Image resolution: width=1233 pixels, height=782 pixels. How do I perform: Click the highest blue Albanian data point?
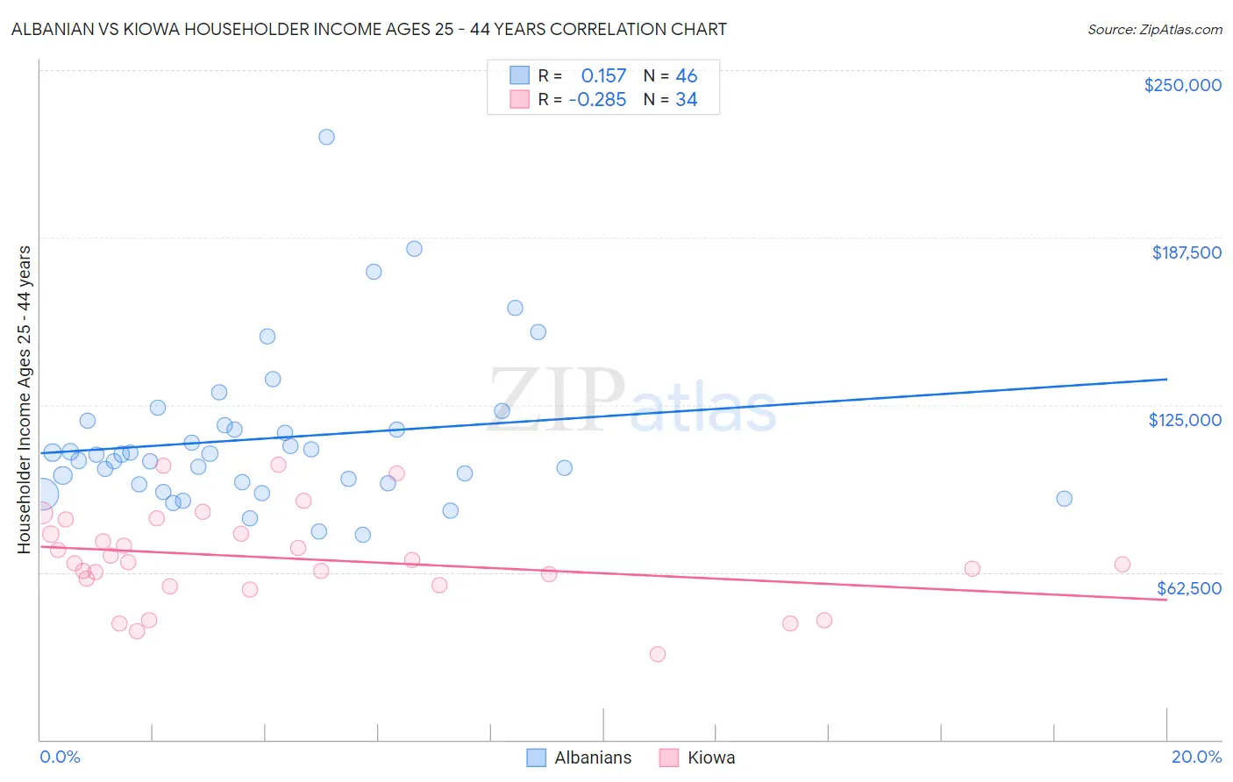[x=326, y=137]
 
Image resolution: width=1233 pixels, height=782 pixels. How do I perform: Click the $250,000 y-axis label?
[x=1182, y=85]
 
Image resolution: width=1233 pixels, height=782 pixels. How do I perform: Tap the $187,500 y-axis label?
[x=1186, y=252]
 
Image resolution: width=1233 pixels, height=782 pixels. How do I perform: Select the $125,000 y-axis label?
[x=1185, y=420]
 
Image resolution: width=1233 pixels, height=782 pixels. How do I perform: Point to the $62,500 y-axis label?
[x=1188, y=588]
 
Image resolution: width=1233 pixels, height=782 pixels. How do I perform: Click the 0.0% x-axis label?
[x=60, y=757]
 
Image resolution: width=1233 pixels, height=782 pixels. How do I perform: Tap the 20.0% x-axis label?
[x=1196, y=757]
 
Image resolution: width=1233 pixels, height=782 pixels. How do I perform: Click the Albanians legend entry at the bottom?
[x=593, y=757]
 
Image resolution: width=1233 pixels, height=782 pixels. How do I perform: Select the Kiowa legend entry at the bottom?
[x=710, y=757]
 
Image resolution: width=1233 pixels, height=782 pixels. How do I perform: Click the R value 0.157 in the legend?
[x=603, y=76]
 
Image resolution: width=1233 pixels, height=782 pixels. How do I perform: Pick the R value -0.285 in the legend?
[x=597, y=100]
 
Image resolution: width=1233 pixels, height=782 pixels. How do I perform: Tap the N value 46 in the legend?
[x=686, y=76]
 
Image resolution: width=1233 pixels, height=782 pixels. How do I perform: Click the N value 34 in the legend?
[x=686, y=100]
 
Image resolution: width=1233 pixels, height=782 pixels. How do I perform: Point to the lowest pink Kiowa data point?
[x=658, y=654]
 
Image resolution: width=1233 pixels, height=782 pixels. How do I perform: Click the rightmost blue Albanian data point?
[x=1064, y=499]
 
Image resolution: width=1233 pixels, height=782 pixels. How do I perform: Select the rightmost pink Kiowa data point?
[x=1123, y=565]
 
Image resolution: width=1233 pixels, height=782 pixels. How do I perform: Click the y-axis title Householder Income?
[x=25, y=399]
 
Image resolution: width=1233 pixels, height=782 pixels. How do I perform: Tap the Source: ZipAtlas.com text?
[x=1154, y=30]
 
